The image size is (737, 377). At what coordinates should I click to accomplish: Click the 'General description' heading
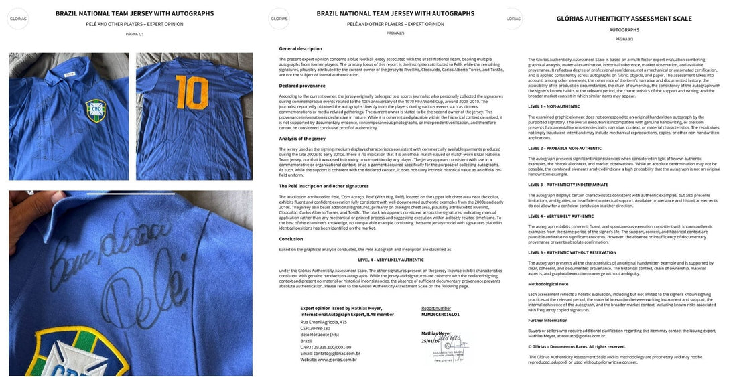pos(300,49)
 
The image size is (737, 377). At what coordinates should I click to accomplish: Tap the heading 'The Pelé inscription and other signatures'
pos(324,187)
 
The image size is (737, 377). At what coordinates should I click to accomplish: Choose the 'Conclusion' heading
pos(291,239)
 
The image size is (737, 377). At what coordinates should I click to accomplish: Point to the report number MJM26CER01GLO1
pos(440,313)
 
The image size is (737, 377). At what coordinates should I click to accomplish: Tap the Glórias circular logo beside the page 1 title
pos(18,19)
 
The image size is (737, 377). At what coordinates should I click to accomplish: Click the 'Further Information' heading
pos(548,320)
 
